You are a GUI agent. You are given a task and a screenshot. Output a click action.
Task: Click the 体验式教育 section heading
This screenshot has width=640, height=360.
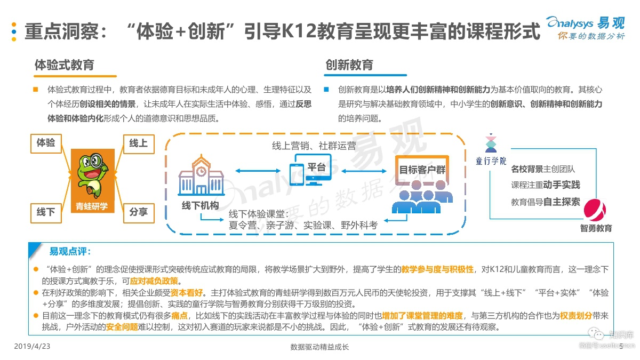pos(64,65)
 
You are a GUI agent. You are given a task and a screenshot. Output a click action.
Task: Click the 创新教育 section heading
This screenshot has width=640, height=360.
pos(349,65)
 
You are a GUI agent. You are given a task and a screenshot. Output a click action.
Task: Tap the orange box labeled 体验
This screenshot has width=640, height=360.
pos(46,143)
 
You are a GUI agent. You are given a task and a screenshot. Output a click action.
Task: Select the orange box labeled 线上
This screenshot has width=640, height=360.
pos(139,143)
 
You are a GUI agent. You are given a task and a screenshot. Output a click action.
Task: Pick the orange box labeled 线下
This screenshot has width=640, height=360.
pos(46,212)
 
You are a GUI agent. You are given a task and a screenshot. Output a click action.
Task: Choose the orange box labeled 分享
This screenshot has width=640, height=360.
pos(139,212)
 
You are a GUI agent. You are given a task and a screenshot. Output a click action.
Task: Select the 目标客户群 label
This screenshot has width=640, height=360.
pos(422,170)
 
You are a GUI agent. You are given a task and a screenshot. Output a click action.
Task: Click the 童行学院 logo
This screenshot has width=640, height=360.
pos(491,150)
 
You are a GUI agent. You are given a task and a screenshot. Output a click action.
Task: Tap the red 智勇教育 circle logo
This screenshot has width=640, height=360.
pos(596,211)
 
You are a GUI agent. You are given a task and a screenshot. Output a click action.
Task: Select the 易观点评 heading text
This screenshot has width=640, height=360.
pos(70,251)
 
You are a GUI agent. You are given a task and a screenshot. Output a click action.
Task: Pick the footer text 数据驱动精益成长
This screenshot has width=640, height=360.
pos(319,347)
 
